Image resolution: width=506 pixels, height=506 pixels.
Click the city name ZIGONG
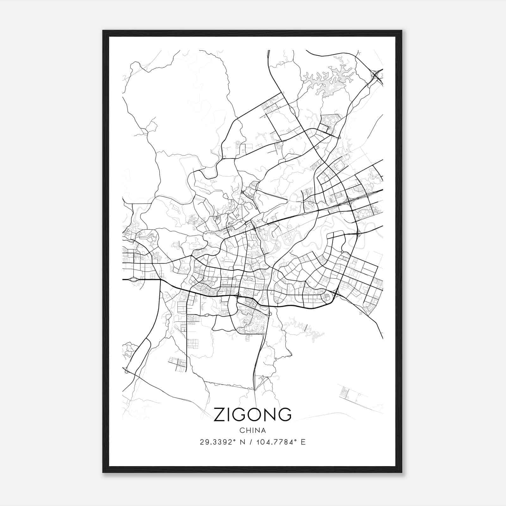252,415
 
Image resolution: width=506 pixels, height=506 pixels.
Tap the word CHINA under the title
253,430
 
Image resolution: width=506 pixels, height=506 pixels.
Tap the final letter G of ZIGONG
284,415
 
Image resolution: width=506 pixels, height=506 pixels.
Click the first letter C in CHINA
242,430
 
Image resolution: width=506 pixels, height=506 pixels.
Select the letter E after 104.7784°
303,442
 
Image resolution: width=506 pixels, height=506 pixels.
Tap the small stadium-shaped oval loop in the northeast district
339,165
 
